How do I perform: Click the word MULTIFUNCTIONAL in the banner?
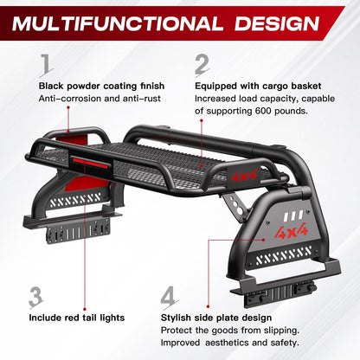coord(118,23)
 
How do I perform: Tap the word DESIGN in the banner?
coord(277,23)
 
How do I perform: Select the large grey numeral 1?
coord(47,64)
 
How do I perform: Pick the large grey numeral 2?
coord(202,65)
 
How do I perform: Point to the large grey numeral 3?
coord(36,297)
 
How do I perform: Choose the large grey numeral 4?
coord(169,297)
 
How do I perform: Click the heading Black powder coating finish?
coord(101,86)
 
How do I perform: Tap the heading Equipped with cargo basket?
coord(258,86)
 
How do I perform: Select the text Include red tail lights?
coord(77,318)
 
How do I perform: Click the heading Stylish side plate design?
coord(216,318)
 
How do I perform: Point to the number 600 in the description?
coord(263,111)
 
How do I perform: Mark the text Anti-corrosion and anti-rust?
coord(100,99)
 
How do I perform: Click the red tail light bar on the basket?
coord(91,162)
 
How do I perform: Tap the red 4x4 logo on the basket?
coord(244,175)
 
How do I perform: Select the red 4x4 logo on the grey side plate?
coord(292,231)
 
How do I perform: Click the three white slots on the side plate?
coord(293,215)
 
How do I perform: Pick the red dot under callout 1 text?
coord(68,107)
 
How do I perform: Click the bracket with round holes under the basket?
coord(235,204)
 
